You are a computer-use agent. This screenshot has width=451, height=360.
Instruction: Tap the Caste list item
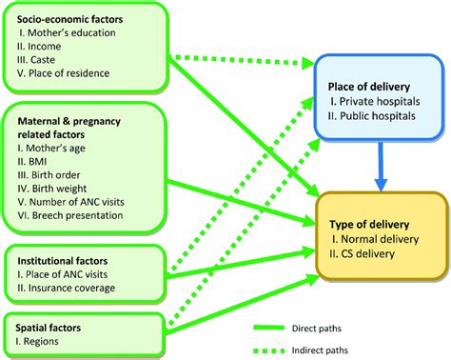[49, 59]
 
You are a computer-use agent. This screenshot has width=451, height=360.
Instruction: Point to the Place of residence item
[68, 73]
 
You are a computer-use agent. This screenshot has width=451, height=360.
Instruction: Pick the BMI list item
[41, 162]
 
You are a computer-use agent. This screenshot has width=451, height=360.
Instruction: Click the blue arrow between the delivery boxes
[380, 162]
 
